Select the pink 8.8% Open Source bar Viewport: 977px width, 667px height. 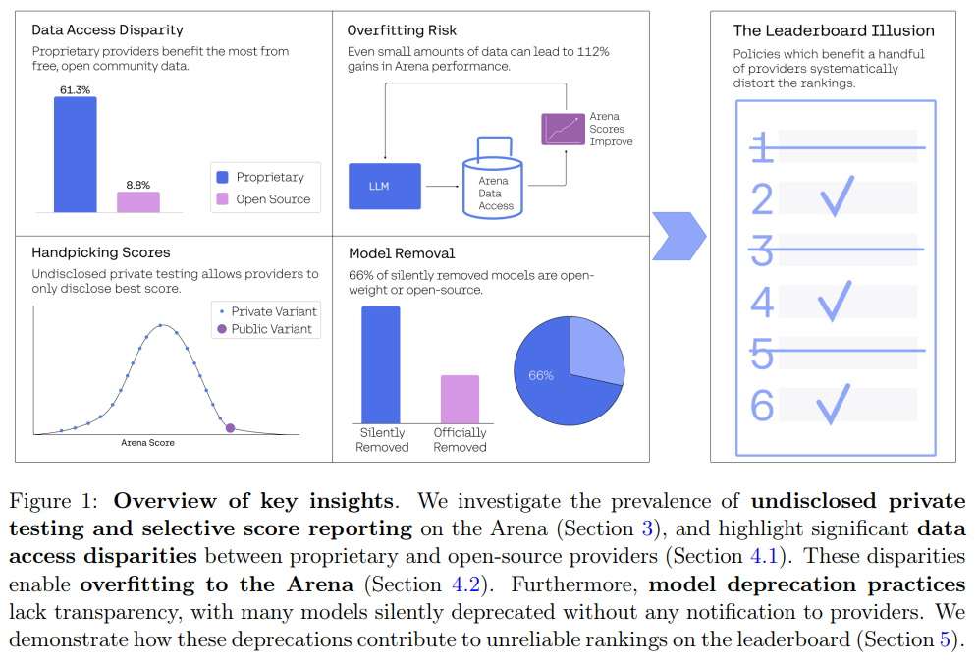tap(137, 201)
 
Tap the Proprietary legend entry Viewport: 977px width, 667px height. tap(260, 177)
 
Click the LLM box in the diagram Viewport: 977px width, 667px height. tap(385, 187)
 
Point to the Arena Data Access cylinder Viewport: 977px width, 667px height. tap(495, 187)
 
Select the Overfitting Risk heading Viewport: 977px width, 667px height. tap(402, 30)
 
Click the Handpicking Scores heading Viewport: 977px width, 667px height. tap(100, 252)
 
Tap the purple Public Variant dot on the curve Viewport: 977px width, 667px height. tap(230, 427)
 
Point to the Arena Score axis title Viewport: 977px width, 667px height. tap(147, 443)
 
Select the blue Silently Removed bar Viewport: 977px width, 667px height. tap(381, 364)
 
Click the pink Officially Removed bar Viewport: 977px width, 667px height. tap(460, 399)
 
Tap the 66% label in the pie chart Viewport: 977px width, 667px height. tap(541, 375)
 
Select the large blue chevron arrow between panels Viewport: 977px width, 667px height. tap(679, 236)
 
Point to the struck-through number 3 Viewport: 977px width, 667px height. tap(762, 250)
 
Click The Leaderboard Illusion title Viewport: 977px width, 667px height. tap(834, 31)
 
